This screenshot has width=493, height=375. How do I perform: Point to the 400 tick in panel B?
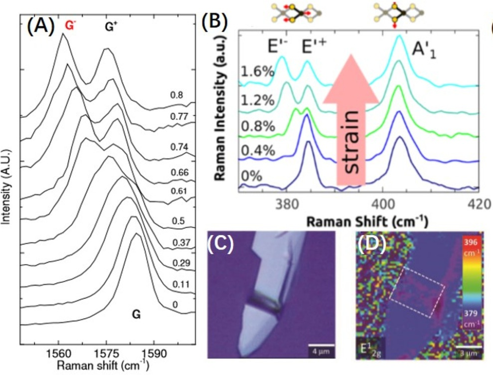pyautogui.click(x=382, y=204)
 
